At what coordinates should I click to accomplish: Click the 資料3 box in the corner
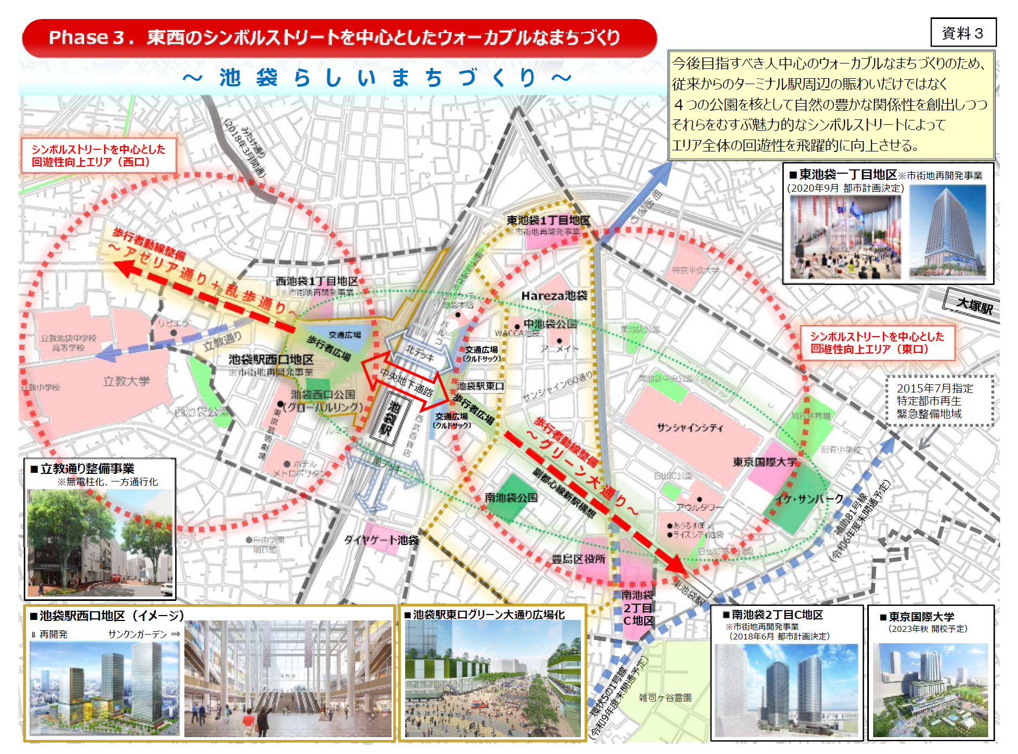(x=963, y=33)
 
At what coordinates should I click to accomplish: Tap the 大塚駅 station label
(x=974, y=306)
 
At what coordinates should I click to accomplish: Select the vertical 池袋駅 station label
(x=389, y=418)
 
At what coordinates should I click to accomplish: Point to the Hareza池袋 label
(x=554, y=296)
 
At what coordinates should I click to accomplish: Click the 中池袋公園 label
(x=549, y=324)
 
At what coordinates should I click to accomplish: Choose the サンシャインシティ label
(x=690, y=428)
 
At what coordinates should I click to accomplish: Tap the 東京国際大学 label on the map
(x=765, y=462)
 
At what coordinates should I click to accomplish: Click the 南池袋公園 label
(x=511, y=497)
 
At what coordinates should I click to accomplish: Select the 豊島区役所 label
(x=578, y=559)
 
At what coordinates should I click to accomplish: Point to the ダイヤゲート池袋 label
(x=381, y=540)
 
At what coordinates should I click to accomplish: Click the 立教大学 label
(x=126, y=381)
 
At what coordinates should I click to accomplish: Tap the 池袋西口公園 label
(x=323, y=394)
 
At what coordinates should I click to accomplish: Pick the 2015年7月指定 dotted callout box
(x=939, y=401)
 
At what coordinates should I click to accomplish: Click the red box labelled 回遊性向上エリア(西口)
(x=99, y=155)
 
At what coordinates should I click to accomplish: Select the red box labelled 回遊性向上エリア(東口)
(x=877, y=343)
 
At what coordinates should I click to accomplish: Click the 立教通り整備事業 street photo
(x=100, y=543)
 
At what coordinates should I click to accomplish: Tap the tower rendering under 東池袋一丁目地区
(x=947, y=231)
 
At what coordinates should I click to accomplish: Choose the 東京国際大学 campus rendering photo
(x=930, y=690)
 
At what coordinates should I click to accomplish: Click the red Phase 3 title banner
(x=339, y=37)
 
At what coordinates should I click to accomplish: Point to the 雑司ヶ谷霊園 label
(x=665, y=698)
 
